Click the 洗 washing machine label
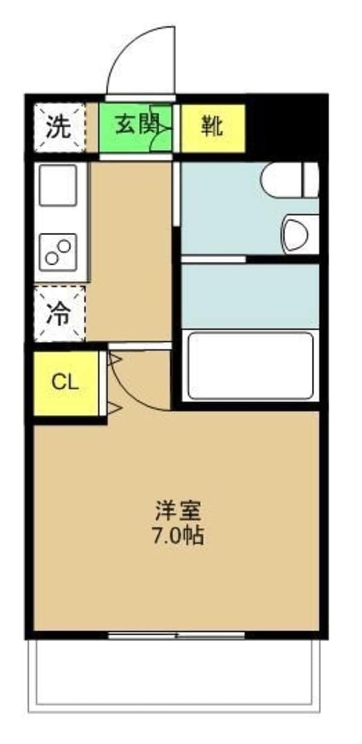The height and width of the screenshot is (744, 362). click(59, 127)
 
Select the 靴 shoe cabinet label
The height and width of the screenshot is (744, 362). click(212, 127)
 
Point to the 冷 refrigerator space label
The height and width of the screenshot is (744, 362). click(59, 314)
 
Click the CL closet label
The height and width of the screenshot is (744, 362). click(65, 383)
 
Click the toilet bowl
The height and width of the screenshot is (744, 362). click(290, 180)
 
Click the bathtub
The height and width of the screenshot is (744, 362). click(250, 366)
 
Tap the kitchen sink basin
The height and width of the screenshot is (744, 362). click(59, 185)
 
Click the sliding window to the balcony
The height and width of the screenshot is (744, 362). click(176, 635)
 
